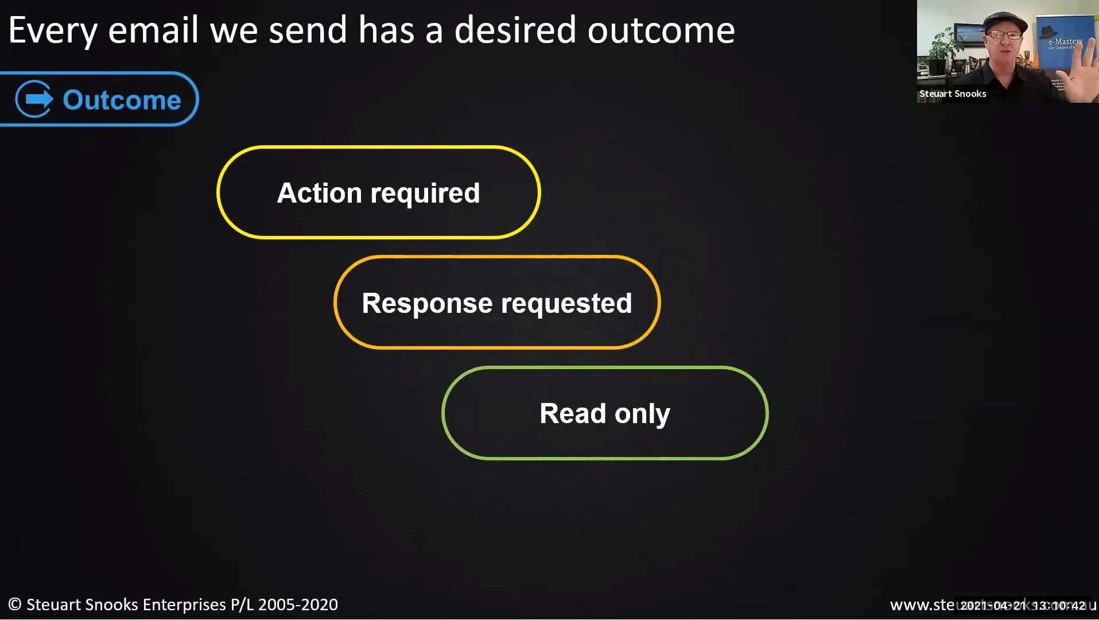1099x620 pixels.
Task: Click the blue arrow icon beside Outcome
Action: pyautogui.click(x=34, y=99)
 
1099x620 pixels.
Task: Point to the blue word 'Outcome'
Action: pyautogui.click(x=122, y=100)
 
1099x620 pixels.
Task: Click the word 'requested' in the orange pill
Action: pyautogui.click(x=566, y=304)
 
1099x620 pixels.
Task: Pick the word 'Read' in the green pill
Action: pyautogui.click(x=572, y=413)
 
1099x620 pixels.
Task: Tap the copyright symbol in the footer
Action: pyautogui.click(x=15, y=604)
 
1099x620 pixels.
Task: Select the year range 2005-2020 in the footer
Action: pyautogui.click(x=298, y=604)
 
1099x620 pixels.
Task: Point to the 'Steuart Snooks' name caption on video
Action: pyautogui.click(x=953, y=94)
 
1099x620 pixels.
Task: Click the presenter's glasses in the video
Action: pyautogui.click(x=1004, y=36)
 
